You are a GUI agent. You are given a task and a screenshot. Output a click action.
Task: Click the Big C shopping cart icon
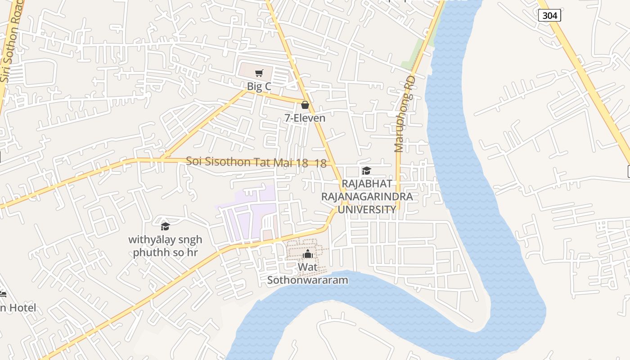(259, 73)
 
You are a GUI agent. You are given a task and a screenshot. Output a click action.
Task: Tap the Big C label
(259, 86)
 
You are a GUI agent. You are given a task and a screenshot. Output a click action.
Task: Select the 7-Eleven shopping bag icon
(305, 105)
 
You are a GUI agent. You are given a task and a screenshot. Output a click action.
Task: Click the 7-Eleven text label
(305, 118)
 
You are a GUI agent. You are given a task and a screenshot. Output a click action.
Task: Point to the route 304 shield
(549, 15)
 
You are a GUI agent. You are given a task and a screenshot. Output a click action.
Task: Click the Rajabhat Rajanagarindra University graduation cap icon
(366, 171)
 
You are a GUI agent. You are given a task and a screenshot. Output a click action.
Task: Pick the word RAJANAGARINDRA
(366, 197)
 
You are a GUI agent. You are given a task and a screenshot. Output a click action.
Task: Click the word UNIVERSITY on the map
(366, 209)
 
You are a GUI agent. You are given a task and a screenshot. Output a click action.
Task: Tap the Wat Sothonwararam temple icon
(308, 254)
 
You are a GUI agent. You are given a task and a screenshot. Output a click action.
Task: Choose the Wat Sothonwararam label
(308, 274)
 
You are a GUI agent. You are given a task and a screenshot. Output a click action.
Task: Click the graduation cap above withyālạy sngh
(165, 226)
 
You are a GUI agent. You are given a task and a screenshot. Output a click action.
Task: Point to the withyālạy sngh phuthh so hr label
(165, 246)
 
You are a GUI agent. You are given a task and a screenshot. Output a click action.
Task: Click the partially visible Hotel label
(18, 308)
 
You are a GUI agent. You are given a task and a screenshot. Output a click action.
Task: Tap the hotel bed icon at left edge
(2, 294)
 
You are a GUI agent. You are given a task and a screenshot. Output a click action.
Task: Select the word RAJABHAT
(366, 184)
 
